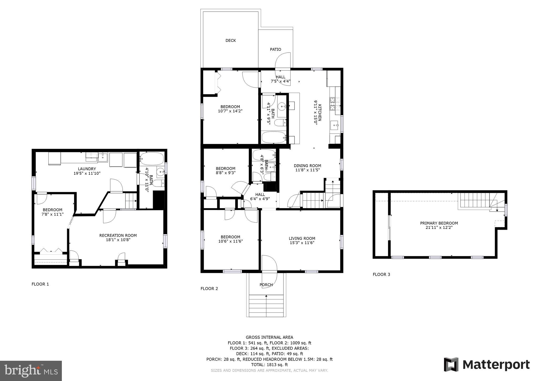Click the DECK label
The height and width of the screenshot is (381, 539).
click(231, 41)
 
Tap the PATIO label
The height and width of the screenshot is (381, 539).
click(275, 49)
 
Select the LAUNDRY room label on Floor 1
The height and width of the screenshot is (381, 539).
click(87, 169)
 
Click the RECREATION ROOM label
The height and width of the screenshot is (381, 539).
click(118, 235)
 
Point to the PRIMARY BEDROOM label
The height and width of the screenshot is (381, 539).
click(439, 223)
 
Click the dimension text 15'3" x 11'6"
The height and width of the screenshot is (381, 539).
click(302, 243)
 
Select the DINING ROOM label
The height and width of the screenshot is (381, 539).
click(307, 166)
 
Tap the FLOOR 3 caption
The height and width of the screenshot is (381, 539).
click(381, 274)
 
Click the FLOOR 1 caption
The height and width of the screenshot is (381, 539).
click(40, 284)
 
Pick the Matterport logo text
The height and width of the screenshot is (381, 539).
click(496, 365)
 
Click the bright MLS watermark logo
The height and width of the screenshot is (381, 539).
click(31, 371)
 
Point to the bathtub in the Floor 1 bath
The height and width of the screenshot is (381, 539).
click(152, 159)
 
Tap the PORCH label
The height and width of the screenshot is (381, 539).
click(266, 285)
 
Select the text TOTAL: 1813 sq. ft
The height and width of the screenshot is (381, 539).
click(269, 365)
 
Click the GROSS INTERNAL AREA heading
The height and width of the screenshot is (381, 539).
click(269, 337)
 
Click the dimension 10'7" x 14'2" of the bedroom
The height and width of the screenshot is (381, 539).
click(230, 111)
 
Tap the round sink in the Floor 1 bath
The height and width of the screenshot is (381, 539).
click(160, 172)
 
